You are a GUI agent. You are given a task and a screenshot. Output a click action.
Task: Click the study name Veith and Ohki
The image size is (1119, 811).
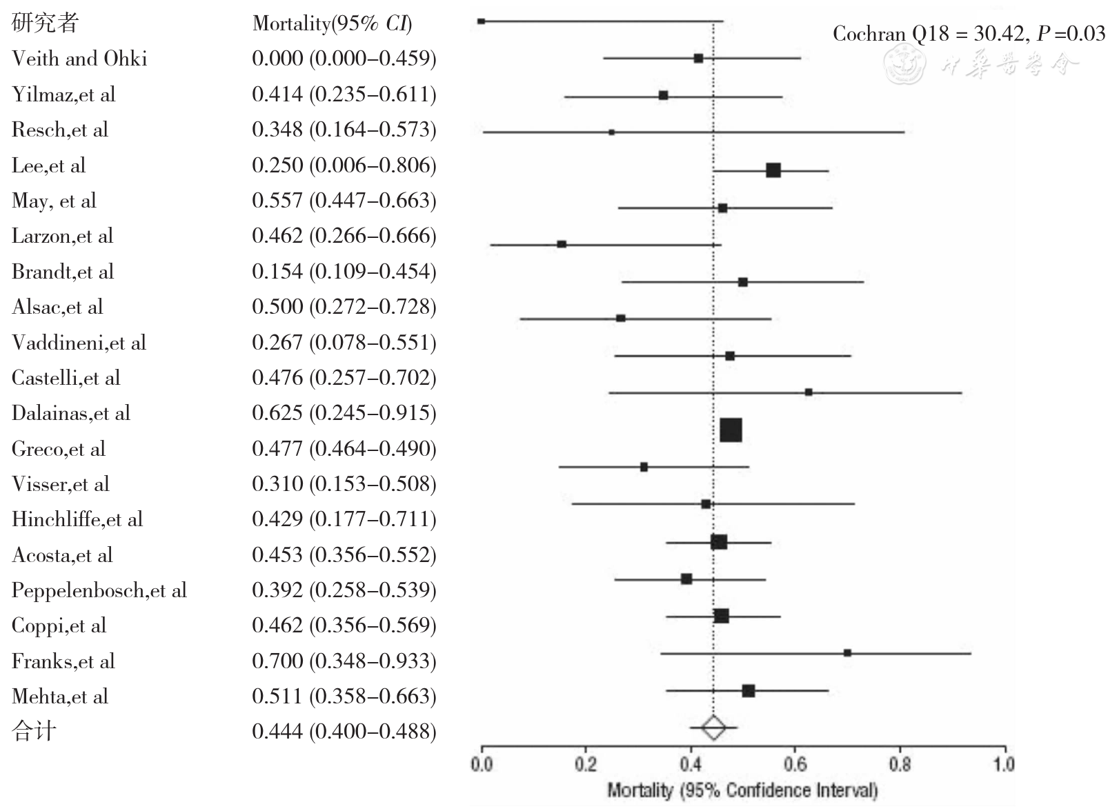click(x=79, y=59)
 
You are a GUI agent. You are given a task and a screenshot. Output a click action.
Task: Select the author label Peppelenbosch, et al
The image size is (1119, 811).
click(x=99, y=590)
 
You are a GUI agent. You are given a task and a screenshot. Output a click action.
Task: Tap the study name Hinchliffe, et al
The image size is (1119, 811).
click(x=77, y=519)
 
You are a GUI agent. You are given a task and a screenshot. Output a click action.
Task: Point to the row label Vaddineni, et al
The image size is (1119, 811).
click(x=79, y=343)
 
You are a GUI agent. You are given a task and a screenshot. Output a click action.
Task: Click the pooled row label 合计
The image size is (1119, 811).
click(x=34, y=731)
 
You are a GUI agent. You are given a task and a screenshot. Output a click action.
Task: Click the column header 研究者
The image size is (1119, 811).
click(x=45, y=23)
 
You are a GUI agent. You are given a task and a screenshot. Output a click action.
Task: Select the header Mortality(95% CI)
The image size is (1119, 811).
click(x=332, y=23)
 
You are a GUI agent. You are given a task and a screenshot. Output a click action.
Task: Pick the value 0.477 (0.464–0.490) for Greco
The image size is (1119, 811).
click(x=344, y=449)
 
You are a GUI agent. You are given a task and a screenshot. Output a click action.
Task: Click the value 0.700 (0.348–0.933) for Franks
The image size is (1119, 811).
click(x=344, y=661)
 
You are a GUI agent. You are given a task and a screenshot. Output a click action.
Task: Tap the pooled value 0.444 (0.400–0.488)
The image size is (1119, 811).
click(x=344, y=732)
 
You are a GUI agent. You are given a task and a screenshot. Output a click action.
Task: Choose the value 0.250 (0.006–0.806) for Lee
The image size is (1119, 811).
click(x=344, y=166)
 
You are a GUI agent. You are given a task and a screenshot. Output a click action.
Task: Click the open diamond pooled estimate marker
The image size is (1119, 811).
click(x=713, y=728)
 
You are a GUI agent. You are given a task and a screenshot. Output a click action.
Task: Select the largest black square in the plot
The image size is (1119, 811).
click(x=731, y=430)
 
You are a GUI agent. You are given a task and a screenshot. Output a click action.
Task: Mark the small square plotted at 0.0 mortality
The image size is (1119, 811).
click(x=481, y=21)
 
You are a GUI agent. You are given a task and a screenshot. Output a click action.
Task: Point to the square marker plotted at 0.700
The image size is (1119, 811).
click(x=847, y=653)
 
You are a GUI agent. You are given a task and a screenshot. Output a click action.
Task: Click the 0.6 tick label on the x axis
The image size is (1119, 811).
click(x=795, y=764)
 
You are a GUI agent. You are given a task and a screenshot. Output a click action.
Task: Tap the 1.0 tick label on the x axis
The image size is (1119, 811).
click(x=1004, y=764)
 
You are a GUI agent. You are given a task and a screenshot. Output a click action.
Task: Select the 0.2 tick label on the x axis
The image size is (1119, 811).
click(x=585, y=764)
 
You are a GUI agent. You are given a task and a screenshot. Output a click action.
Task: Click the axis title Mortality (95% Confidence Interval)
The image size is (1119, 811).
click(x=742, y=790)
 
